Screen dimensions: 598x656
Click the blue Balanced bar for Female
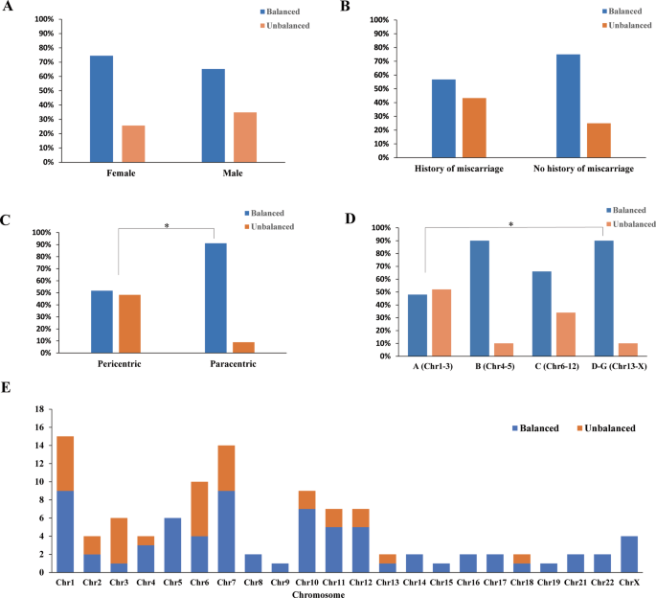102,108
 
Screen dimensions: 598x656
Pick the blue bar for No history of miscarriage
568,105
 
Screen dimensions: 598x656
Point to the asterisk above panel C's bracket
167,226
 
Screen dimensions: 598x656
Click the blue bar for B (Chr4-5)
480,298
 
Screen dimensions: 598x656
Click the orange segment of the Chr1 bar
66,464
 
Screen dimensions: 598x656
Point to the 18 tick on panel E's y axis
40,408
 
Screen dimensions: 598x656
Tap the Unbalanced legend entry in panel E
605,427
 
